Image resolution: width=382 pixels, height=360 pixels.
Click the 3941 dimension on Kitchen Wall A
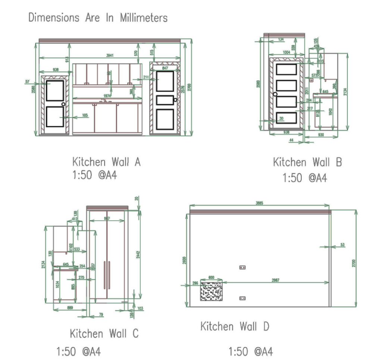click(110, 56)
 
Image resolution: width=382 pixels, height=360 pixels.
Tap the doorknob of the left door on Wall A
click(63, 104)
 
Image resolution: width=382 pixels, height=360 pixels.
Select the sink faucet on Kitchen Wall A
click(106, 100)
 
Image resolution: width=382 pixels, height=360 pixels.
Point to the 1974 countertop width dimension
click(107, 96)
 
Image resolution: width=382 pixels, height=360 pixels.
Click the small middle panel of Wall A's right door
click(165, 100)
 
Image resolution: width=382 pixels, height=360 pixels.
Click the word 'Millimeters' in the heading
click(144, 18)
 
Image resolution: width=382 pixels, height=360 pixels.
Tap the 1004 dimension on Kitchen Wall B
click(286, 53)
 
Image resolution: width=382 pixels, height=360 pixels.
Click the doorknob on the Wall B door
click(275, 94)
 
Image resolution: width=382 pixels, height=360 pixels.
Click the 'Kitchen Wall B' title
click(307, 162)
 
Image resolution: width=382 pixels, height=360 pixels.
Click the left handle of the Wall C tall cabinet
click(104, 275)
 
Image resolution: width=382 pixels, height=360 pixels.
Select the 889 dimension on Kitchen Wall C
click(68, 308)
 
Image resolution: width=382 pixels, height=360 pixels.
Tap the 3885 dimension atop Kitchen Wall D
click(259, 203)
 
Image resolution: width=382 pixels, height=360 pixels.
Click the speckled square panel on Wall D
click(212, 291)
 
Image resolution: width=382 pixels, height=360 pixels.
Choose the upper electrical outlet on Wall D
click(242, 267)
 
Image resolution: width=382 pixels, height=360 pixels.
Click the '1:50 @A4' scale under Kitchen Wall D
click(250, 351)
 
